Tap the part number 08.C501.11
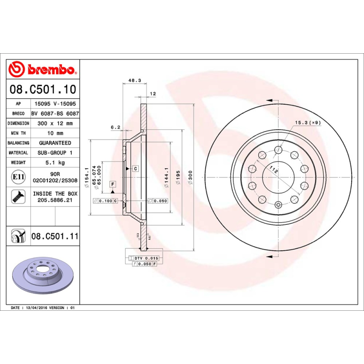click(55, 236)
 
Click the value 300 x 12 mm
click(55, 123)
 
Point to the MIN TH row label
click(18, 133)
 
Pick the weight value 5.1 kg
click(55, 162)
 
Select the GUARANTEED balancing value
click(55, 143)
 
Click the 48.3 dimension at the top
click(134, 80)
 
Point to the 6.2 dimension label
click(115, 127)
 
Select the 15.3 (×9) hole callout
click(308, 122)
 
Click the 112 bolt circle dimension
click(273, 170)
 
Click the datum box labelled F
click(112, 184)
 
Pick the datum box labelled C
click(135, 168)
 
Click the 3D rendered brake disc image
click(44, 279)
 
